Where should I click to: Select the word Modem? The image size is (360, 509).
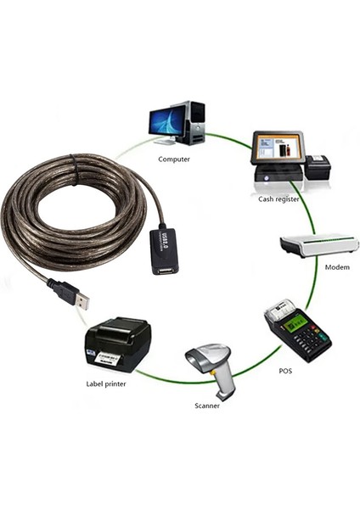[x=337, y=266]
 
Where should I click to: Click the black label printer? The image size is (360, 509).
[x=119, y=344]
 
